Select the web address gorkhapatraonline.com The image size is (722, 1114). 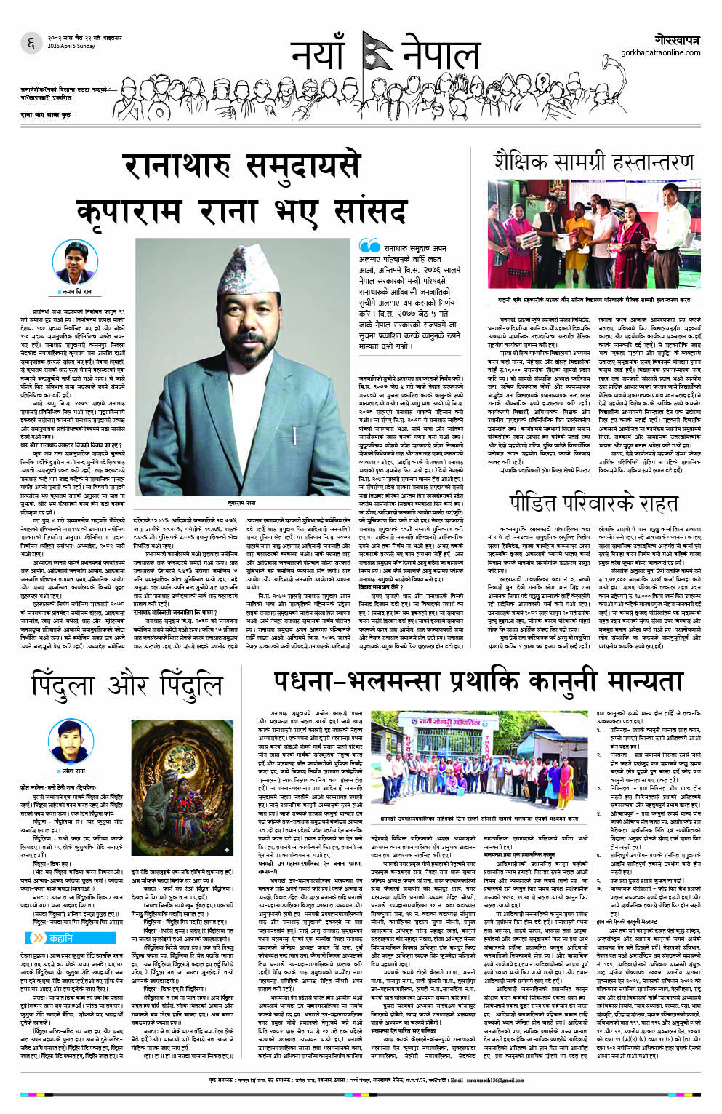pyautogui.click(x=660, y=52)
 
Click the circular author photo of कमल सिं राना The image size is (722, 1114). pyautogui.click(x=76, y=262)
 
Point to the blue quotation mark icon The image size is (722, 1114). pyautogui.click(x=369, y=247)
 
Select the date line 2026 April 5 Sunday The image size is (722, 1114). pyautogui.click(x=71, y=46)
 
